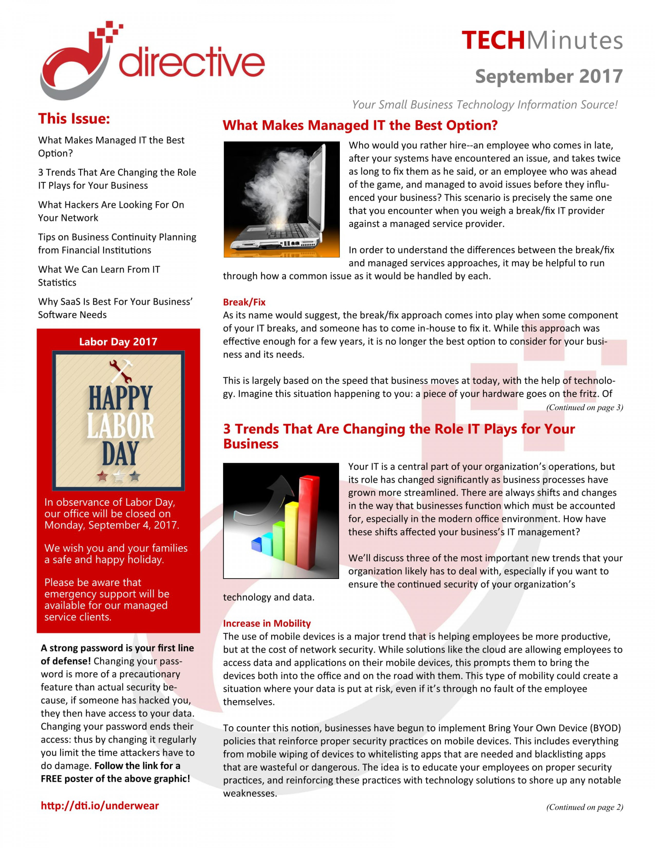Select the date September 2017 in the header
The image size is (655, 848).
[x=549, y=76]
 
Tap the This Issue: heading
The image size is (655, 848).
[x=74, y=119]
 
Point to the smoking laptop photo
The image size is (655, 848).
[x=281, y=199]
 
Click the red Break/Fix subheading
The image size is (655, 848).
[x=244, y=302]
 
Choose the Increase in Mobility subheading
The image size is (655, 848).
[x=267, y=623]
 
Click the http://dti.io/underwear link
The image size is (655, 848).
[x=100, y=806]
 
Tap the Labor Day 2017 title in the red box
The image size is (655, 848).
[x=118, y=342]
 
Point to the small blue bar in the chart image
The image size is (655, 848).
[x=257, y=544]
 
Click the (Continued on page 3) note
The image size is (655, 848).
[x=584, y=407]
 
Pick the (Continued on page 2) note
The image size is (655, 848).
[x=584, y=807]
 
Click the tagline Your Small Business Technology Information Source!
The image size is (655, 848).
[x=484, y=105]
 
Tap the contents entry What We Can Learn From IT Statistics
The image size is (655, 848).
[x=99, y=276]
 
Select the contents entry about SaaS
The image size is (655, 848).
[x=115, y=308]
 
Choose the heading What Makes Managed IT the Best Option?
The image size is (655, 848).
[x=360, y=125]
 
